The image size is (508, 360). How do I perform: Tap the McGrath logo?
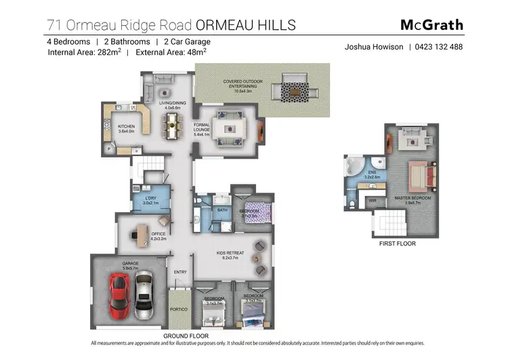point(431,25)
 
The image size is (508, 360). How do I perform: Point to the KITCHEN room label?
point(127,127)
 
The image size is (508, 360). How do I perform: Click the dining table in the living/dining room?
point(175,125)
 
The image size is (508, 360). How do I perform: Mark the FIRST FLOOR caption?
point(397,243)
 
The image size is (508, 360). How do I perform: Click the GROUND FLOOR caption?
point(186,336)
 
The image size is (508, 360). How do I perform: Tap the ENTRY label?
point(180,272)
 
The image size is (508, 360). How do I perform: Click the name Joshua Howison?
point(374,47)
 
